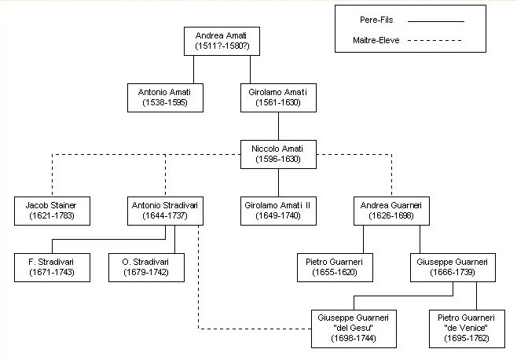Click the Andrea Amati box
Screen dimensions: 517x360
tap(222, 41)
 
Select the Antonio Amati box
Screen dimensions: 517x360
tap(165, 97)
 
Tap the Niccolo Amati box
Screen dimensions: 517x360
tap(278, 154)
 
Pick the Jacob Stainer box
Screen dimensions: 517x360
tap(52, 211)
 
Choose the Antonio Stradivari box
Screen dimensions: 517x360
tap(165, 211)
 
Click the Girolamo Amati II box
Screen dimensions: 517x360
tap(278, 211)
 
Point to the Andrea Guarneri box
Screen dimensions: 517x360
tap(391, 211)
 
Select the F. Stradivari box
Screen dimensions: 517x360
tap(52, 267)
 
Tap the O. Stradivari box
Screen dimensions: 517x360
tap(146, 267)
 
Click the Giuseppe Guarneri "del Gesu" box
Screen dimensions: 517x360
tap(354, 329)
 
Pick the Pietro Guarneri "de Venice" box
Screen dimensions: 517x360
tap(467, 329)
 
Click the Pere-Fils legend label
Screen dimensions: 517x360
tap(376, 20)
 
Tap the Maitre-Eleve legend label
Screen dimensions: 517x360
tap(376, 40)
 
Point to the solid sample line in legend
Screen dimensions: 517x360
tap(436, 21)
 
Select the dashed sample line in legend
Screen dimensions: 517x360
tap(435, 41)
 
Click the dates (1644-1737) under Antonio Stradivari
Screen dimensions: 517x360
tap(165, 216)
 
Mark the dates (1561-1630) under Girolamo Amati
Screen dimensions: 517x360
tap(278, 103)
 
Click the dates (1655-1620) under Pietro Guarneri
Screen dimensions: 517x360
tap(335, 273)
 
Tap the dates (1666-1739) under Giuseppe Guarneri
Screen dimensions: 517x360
tap(453, 273)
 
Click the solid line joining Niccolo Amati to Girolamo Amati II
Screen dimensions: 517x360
tap(278, 183)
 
